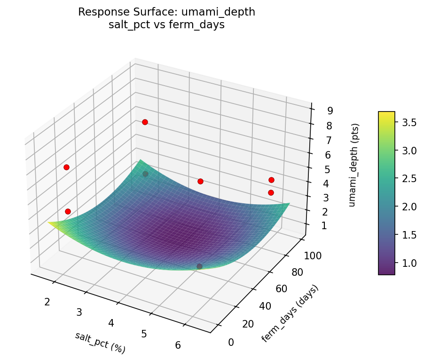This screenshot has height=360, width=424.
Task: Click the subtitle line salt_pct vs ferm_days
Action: click(x=166, y=25)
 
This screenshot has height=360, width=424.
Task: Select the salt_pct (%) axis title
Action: click(x=100, y=343)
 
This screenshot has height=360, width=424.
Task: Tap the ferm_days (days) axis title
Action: click(x=290, y=313)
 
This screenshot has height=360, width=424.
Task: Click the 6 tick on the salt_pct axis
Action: click(x=178, y=345)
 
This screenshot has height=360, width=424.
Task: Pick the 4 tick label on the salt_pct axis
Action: click(x=111, y=323)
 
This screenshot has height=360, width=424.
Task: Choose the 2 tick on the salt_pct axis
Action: click(x=47, y=302)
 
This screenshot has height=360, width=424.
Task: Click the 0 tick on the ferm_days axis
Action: click(x=230, y=342)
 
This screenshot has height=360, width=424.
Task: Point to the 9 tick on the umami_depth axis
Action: click(x=330, y=111)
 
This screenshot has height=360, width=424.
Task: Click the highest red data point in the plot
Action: click(x=145, y=122)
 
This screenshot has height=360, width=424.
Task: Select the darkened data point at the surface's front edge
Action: click(x=199, y=266)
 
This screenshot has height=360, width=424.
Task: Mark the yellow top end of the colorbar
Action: click(x=386, y=114)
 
